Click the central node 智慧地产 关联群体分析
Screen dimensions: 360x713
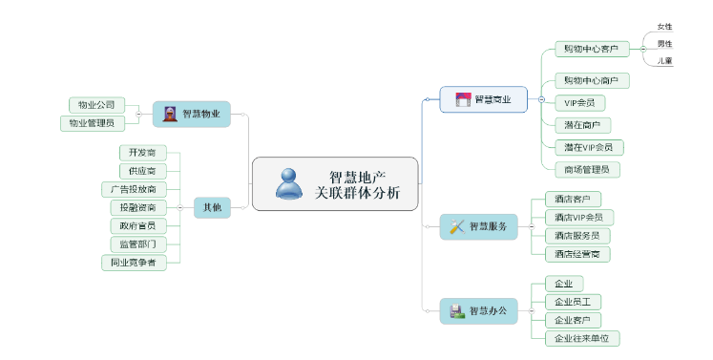point(335,183)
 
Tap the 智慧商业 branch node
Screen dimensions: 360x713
point(483,99)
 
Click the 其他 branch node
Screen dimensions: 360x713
point(211,207)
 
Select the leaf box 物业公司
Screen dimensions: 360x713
point(96,104)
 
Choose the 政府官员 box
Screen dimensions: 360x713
point(138,225)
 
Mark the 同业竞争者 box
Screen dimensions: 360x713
point(135,262)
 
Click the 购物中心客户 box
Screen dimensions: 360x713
point(590,49)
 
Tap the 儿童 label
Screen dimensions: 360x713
point(664,61)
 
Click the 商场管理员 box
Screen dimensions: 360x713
point(587,169)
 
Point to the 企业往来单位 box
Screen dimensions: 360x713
point(581,338)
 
